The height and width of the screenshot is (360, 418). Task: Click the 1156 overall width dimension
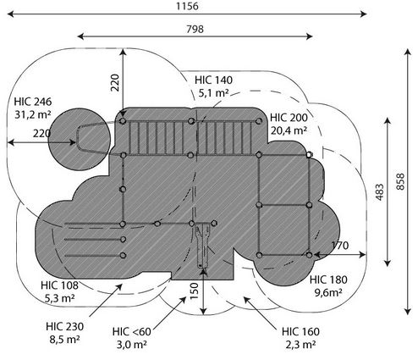coord(187,6)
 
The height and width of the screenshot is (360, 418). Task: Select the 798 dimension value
coord(195,29)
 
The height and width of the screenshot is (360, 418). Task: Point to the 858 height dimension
coord(400,181)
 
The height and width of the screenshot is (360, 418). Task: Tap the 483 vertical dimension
coord(380,192)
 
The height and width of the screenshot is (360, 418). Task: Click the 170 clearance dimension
coord(340,246)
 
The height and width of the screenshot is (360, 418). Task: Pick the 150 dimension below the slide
coord(195,291)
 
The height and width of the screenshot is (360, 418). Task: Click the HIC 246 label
coord(33,102)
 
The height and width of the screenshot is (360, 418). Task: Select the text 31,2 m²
coord(33,114)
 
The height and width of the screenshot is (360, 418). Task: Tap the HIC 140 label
coord(213,80)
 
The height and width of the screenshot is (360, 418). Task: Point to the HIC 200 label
coord(289,118)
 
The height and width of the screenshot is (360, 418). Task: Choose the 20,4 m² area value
coord(289,130)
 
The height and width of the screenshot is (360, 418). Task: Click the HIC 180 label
coord(328,280)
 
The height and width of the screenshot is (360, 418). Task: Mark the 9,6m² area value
coord(328,292)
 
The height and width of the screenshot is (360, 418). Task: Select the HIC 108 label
coord(59,285)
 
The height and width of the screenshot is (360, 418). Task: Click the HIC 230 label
coord(65,326)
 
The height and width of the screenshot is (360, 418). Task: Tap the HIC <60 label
coord(132,331)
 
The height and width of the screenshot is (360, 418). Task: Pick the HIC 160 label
coord(300,331)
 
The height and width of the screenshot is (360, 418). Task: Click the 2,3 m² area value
coord(300,345)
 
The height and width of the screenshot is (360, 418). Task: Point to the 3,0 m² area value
coord(132,345)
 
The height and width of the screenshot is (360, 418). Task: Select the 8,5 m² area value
coord(65,340)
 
